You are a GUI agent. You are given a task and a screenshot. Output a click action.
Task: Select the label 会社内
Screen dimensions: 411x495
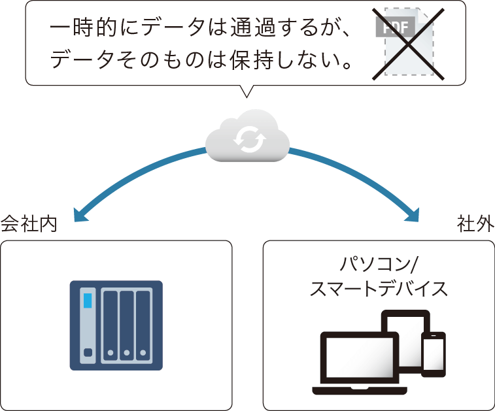(29, 225)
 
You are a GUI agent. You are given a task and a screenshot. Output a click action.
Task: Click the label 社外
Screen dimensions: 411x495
(475, 225)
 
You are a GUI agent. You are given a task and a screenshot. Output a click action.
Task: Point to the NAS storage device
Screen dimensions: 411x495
(116, 325)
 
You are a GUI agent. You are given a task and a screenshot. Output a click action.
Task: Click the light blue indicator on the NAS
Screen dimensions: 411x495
(88, 301)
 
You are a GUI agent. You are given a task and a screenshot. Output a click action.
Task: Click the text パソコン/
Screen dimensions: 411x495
(379, 265)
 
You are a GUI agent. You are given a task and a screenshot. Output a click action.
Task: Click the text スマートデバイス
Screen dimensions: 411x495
(379, 289)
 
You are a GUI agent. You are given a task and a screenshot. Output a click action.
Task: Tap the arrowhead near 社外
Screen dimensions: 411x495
(413, 216)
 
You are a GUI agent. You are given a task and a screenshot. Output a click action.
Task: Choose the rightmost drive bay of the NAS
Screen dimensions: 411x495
(143, 325)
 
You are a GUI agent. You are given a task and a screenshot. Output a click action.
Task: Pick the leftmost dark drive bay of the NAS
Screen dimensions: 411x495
(111, 325)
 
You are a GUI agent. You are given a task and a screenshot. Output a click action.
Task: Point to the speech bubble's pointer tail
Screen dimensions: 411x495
(246, 91)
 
